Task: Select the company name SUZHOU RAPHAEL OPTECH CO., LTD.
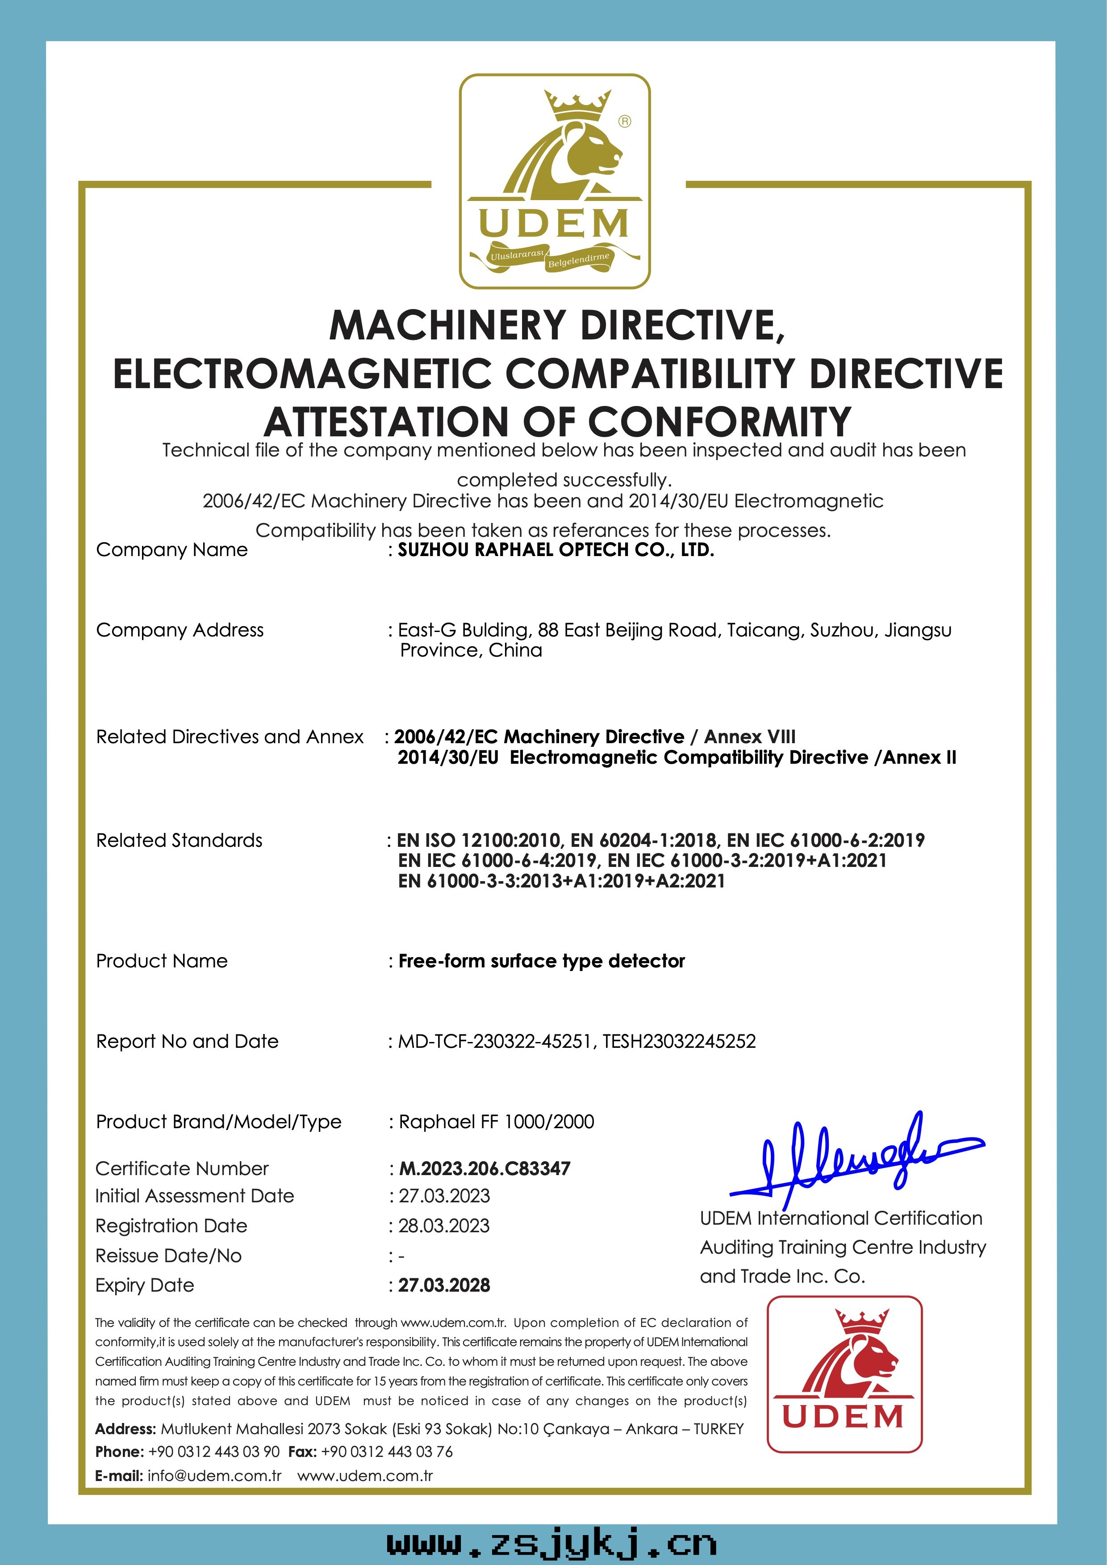pyautogui.click(x=556, y=550)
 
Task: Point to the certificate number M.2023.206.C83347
pyautogui.click(x=484, y=1168)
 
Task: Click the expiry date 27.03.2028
pyautogui.click(x=444, y=1285)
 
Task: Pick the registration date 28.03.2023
pyautogui.click(x=444, y=1226)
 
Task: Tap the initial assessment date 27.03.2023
pyautogui.click(x=444, y=1196)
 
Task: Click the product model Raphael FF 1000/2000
pyautogui.click(x=496, y=1121)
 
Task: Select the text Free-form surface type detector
pyautogui.click(x=541, y=961)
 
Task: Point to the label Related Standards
pyautogui.click(x=179, y=841)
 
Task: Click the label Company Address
pyautogui.click(x=179, y=630)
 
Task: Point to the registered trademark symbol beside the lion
pyautogui.click(x=624, y=121)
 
